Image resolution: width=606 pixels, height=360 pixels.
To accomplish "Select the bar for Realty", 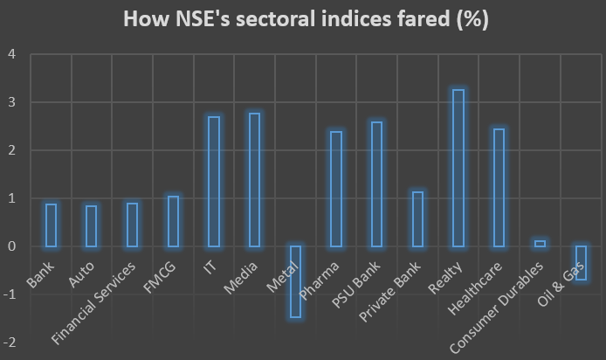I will click(x=458, y=168).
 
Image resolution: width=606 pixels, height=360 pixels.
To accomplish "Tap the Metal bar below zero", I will click(x=295, y=281).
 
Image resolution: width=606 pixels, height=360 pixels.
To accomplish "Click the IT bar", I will click(x=214, y=181).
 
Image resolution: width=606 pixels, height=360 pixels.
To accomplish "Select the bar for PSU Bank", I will click(x=376, y=183).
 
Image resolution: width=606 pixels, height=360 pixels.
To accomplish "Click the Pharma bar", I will click(x=335, y=189).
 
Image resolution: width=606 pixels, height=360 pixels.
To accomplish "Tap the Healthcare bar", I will click(x=499, y=187).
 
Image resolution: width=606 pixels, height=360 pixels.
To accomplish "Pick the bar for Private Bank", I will click(x=417, y=218).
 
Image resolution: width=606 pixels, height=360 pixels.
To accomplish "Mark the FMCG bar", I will click(x=173, y=221).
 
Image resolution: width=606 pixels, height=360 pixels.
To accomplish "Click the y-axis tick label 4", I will click(x=13, y=54).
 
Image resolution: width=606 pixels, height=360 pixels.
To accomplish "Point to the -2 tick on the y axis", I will click(x=10, y=343).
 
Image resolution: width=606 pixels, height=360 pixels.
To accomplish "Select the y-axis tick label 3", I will click(x=13, y=102).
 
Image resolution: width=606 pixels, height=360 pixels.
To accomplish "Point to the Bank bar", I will click(x=52, y=225).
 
